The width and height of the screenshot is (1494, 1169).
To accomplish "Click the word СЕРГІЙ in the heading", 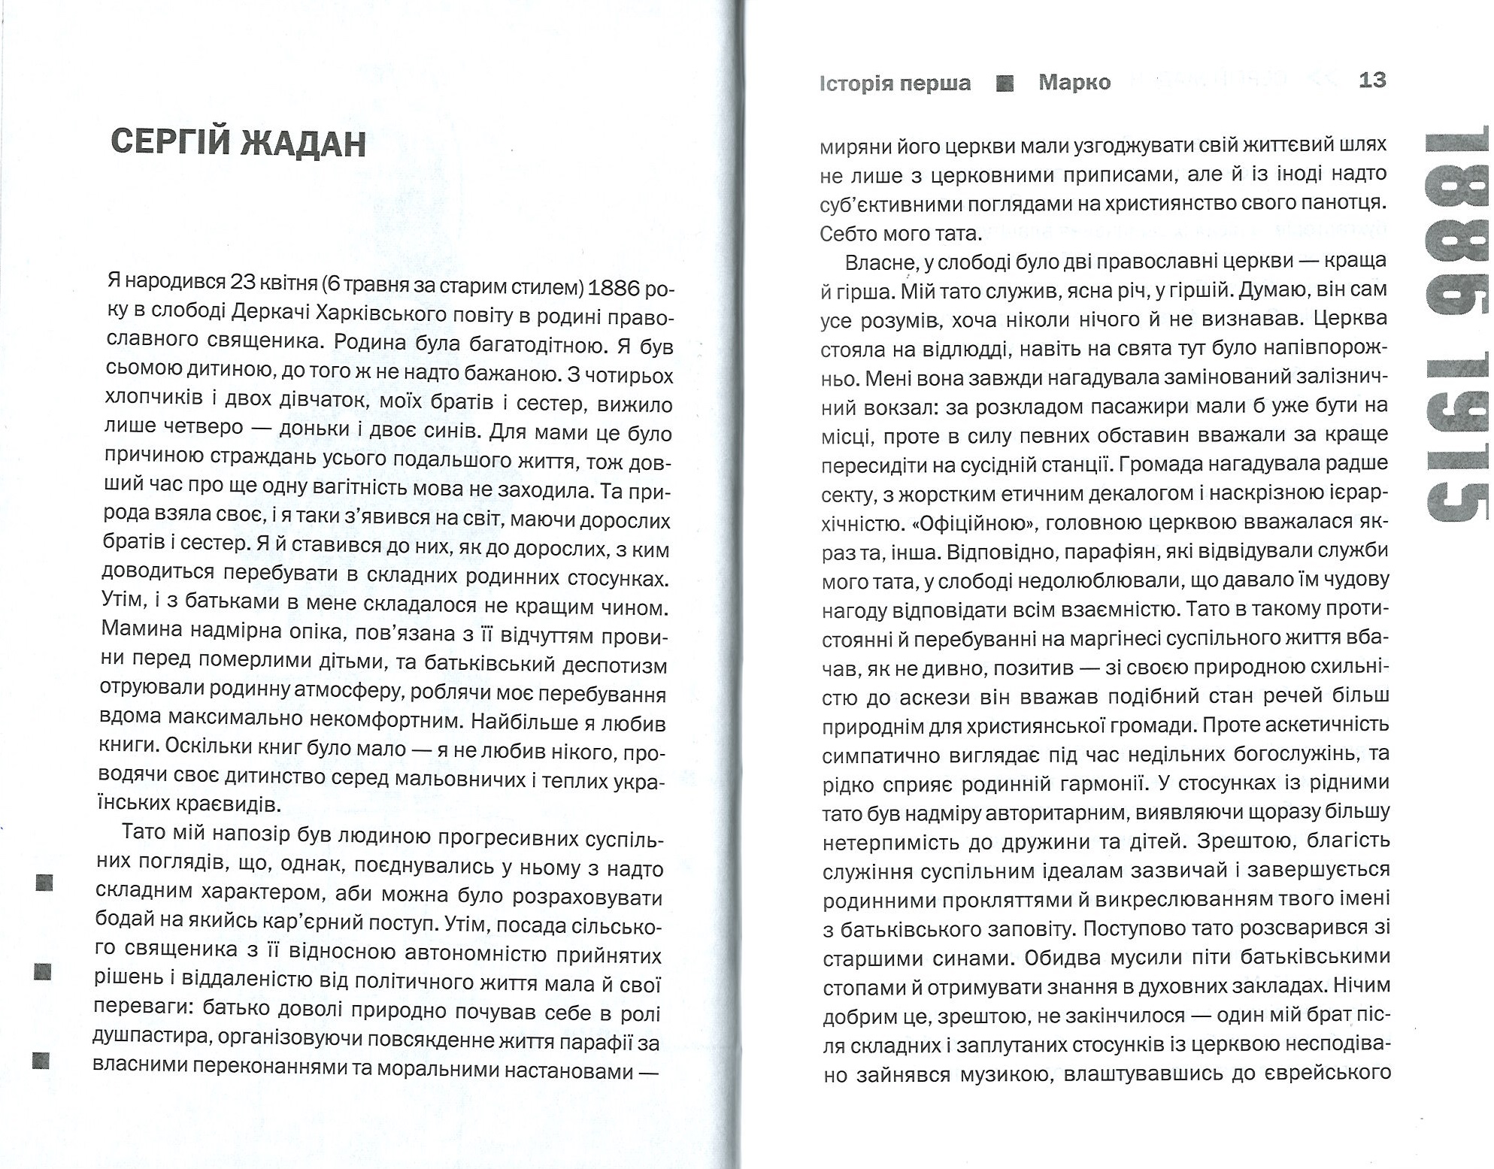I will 168,143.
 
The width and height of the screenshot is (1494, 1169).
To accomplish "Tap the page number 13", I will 1372,80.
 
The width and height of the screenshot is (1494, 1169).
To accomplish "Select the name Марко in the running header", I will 1074,82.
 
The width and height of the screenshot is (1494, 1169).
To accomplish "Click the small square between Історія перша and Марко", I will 1005,83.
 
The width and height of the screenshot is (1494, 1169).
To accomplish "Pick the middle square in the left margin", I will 43,972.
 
